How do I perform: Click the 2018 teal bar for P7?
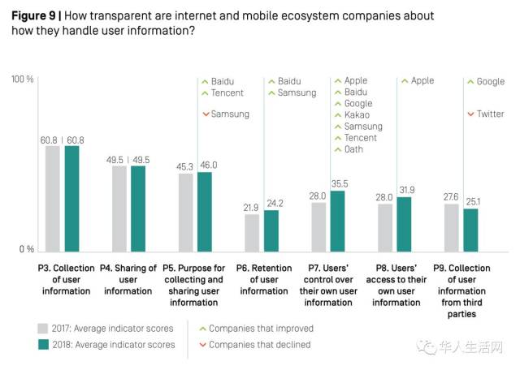[x=339, y=220]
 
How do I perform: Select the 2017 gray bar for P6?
[x=253, y=232]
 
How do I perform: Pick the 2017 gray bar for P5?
[x=186, y=212]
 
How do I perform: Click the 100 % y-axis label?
[x=23, y=80]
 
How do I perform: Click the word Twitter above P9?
[x=490, y=114]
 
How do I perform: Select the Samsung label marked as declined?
[x=230, y=114]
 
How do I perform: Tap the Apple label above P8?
[x=422, y=80]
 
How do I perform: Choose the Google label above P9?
[x=491, y=81]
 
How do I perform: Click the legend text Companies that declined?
[x=260, y=345]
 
